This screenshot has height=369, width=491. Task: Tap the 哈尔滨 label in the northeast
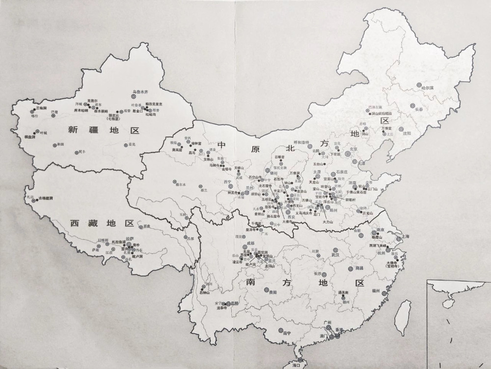click(x=429, y=88)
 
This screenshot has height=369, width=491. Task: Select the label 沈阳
click(x=406, y=133)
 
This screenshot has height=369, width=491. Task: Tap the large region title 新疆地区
click(x=104, y=130)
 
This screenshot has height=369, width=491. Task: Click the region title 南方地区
click(x=305, y=284)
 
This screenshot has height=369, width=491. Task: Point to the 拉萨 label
click(x=130, y=239)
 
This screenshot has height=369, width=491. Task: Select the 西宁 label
click(x=227, y=182)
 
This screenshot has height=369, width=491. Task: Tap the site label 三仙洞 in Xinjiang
click(x=41, y=108)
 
